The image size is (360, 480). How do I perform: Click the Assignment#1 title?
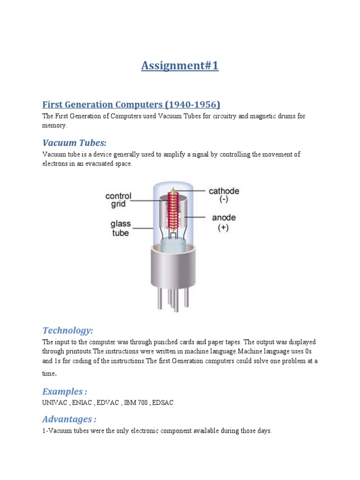pos(180,66)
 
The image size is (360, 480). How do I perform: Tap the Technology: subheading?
pos(68,330)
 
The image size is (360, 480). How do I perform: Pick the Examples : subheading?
pos(65,391)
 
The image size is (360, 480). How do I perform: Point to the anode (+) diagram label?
pos(224,222)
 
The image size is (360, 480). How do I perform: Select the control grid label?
pos(118,200)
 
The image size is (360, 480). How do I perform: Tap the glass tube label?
pos(120,228)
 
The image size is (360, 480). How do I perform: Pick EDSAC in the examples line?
pos(162,403)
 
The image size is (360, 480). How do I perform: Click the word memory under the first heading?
pos(54,126)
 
